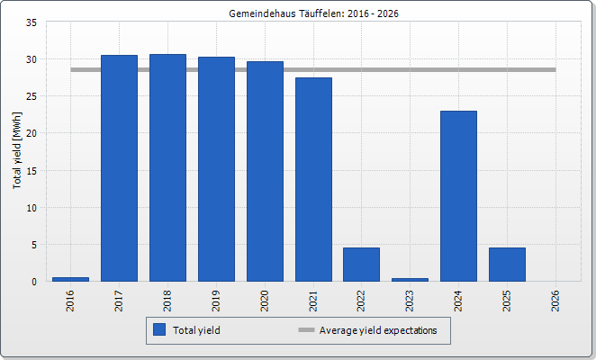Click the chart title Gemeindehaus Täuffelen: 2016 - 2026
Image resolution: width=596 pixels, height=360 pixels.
(x=313, y=13)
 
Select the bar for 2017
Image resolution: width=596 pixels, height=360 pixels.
(x=120, y=168)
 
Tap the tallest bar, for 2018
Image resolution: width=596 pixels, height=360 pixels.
(x=168, y=167)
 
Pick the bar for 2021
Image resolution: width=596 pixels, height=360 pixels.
(x=313, y=179)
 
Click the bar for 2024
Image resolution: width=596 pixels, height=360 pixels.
(x=459, y=196)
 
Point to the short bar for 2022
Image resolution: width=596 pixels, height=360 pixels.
(x=362, y=265)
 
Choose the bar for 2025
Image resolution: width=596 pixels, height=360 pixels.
(x=508, y=265)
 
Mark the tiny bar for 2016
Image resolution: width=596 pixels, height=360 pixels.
(x=71, y=279)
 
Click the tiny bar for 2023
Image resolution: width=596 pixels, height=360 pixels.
(x=411, y=280)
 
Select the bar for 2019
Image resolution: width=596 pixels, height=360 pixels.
(x=217, y=169)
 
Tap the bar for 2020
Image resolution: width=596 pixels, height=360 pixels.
(x=266, y=171)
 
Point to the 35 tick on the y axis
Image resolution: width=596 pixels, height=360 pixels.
(x=32, y=22)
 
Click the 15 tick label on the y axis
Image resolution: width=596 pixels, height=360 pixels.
(x=32, y=171)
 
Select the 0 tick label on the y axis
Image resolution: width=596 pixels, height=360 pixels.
(x=34, y=282)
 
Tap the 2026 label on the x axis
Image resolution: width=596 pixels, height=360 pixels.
(x=555, y=301)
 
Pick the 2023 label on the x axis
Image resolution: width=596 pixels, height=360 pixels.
(x=410, y=301)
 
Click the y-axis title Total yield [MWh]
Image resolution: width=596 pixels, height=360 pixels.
(x=17, y=150)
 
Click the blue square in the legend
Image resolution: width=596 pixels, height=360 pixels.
(x=159, y=329)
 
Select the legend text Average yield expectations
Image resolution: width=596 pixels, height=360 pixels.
(x=378, y=330)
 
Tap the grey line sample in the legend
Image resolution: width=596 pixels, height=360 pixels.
(x=306, y=330)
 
